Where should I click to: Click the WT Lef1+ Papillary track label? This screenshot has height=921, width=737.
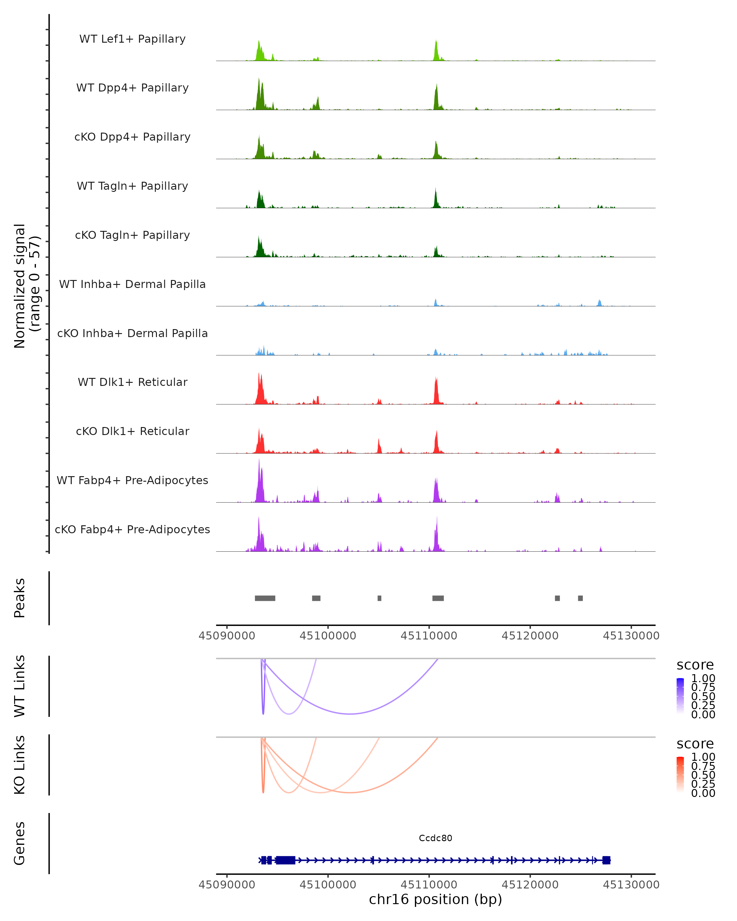pos(132,39)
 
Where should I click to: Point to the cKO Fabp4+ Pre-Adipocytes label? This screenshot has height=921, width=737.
pos(132,529)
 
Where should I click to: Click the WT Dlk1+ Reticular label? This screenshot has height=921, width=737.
pos(132,382)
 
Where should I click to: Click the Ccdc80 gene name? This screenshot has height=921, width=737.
pos(435,838)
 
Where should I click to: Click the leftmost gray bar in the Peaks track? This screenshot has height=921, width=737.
pos(265,598)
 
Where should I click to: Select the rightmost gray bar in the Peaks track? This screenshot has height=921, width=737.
pos(580,598)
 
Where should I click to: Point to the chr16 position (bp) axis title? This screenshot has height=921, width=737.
pos(435,899)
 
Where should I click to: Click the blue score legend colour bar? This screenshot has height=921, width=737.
pos(680,696)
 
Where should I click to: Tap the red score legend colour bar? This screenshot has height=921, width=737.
pos(680,775)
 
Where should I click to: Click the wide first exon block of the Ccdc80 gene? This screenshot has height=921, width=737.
pos(285,860)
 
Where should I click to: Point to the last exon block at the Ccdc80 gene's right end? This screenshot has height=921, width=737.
pos(606,860)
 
